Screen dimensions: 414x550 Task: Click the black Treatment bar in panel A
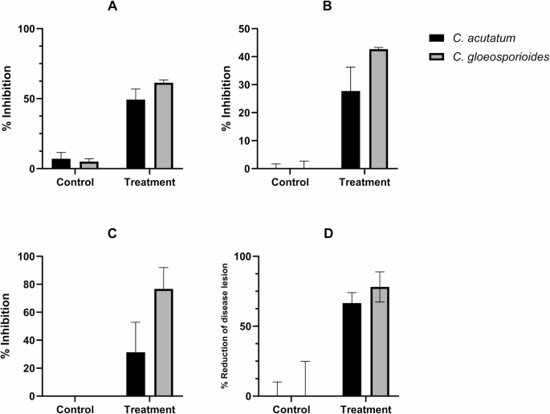tap(136, 134)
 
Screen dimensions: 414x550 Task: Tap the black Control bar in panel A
tap(61, 164)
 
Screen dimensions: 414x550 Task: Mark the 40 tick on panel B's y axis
tap(242, 57)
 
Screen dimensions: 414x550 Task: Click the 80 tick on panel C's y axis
tap(29, 285)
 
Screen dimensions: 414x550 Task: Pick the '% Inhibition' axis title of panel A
tap(8, 99)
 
